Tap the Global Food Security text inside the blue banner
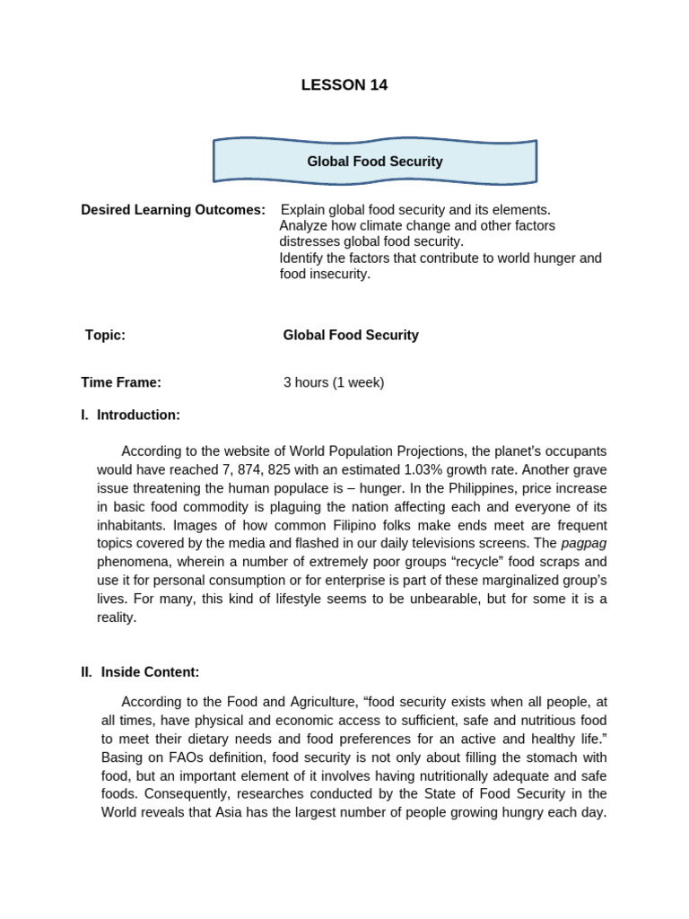tap(375, 162)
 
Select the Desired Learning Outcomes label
tap(173, 210)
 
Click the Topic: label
tap(105, 335)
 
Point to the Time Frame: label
tap(121, 382)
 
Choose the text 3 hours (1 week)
tap(334, 382)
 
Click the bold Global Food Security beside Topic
tap(351, 335)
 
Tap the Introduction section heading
tap(138, 415)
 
